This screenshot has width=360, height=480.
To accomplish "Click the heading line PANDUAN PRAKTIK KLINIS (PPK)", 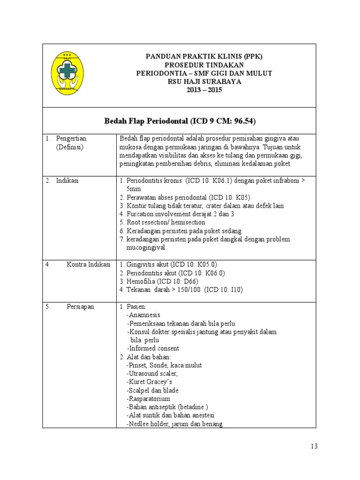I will pyautogui.click(x=204, y=56).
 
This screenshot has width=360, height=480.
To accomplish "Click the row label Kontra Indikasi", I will pyautogui.click(x=89, y=264).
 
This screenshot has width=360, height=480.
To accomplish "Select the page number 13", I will pyautogui.click(x=314, y=446).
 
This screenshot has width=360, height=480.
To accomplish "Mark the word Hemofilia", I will pyautogui.click(x=141, y=281).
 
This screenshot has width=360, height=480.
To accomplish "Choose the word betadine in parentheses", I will pyautogui.click(x=192, y=407).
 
